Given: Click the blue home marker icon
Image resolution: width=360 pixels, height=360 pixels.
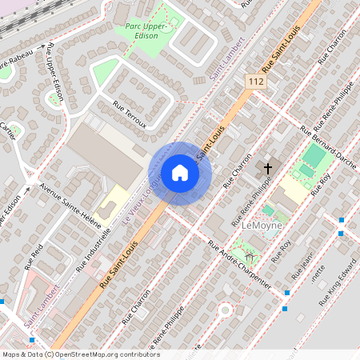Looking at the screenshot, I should tap(180, 173).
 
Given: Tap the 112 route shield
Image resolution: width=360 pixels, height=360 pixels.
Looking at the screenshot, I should tap(255, 82).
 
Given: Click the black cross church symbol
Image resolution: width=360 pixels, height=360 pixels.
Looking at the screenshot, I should tap(268, 168).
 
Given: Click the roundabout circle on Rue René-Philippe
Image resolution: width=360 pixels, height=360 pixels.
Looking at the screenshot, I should tap(225, 309).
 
